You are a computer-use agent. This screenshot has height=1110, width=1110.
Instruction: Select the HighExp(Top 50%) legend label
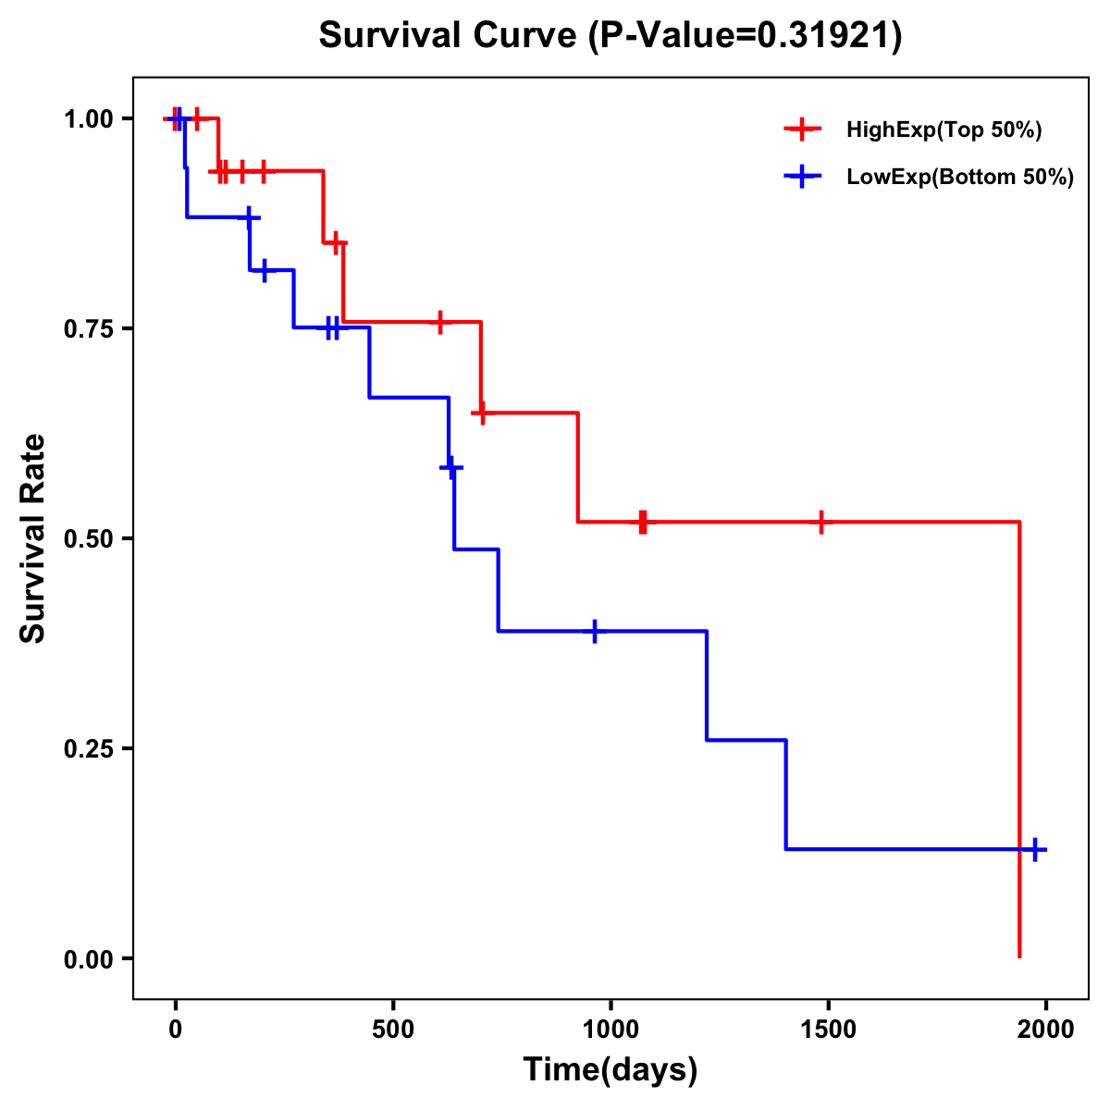943,130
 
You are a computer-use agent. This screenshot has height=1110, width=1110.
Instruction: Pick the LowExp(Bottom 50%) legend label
960,178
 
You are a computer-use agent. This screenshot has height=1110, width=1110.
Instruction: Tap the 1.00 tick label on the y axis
87,119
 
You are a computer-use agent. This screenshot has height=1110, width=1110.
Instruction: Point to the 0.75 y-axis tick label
87,329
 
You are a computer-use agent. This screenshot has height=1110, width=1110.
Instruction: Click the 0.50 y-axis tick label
87,539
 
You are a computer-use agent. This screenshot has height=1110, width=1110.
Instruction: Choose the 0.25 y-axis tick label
87,749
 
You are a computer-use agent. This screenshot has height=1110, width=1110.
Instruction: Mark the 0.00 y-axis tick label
87,959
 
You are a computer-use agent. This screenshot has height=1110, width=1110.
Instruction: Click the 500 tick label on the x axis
393,1030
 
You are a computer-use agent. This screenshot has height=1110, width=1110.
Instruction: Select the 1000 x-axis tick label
610,1030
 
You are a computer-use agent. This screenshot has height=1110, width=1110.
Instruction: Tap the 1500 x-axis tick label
828,1030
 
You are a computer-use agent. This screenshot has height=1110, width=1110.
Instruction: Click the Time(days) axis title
610,1070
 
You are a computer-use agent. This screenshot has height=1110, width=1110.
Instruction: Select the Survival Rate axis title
33,537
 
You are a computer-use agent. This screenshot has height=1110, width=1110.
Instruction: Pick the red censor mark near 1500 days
820,523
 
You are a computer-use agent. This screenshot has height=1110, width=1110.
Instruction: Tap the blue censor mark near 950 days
595,631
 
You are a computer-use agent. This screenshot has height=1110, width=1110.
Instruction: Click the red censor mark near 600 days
440,322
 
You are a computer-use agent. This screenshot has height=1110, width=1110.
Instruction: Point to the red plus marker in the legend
803,130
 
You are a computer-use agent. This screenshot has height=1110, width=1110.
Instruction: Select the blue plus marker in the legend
803,178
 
